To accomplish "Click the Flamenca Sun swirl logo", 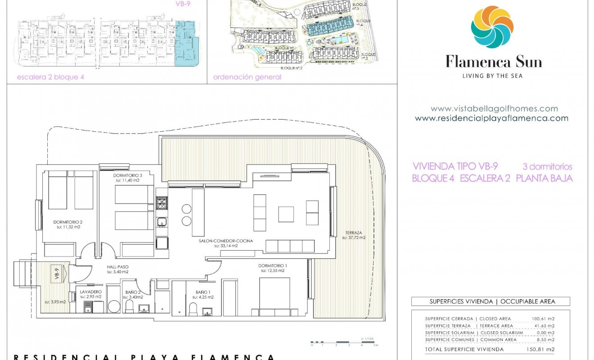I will pyautogui.click(x=492, y=27).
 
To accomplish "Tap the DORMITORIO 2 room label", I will pyautogui.click(x=68, y=222).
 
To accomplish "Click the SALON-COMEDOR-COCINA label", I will pyautogui.click(x=225, y=241).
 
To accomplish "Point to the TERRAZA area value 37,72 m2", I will pyautogui.click(x=354, y=237).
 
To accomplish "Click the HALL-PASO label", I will pyautogui.click(x=117, y=267).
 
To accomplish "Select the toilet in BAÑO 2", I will pyautogui.click(x=129, y=307).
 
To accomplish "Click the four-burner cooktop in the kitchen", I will pyautogui.click(x=162, y=203).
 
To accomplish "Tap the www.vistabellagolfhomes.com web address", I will pyautogui.click(x=494, y=108).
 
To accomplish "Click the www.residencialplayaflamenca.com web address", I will pyautogui.click(x=491, y=118).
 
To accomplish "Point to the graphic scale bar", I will pyautogui.click(x=344, y=342).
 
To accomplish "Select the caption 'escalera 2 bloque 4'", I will pyautogui.click(x=50, y=77).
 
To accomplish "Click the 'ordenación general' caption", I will pyautogui.click(x=247, y=77).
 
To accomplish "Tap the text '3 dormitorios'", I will pyautogui.click(x=547, y=166).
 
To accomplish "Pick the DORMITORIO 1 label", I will pyautogui.click(x=272, y=265).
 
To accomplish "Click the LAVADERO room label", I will pyautogui.click(x=90, y=292).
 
